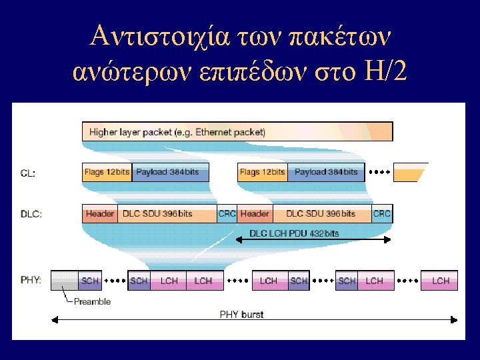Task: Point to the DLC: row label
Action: pos(31,214)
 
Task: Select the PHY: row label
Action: pos(31,281)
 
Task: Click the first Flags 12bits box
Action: pos(107,172)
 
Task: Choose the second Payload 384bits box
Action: pos(326,172)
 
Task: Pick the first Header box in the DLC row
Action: pos(100,213)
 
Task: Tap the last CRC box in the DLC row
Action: pos(382,213)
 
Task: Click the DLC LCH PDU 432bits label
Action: pos(294,233)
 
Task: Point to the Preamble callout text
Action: pos(92,301)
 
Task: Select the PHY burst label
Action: pos(241,314)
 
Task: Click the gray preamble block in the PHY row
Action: pos(65,281)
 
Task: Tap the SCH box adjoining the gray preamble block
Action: pos(90,281)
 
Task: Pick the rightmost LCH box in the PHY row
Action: pos(440,281)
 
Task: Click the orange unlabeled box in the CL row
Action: pos(409,173)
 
